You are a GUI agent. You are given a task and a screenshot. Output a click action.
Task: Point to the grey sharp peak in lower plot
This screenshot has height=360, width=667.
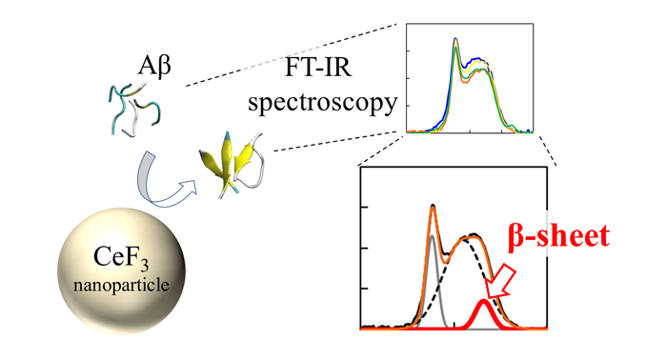click(x=434, y=257)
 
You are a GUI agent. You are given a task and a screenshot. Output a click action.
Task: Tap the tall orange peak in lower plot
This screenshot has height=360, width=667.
click(x=433, y=208)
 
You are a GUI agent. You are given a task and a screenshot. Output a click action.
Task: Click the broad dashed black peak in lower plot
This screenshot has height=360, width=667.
click(x=469, y=237)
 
